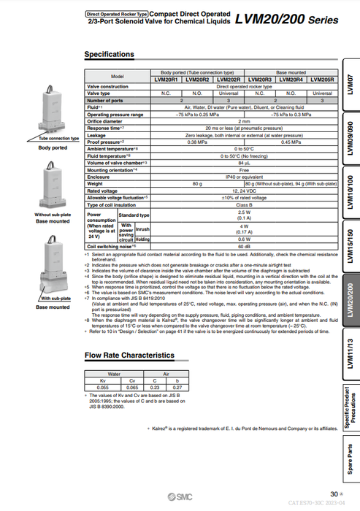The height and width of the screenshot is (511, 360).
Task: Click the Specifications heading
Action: [x=110, y=54]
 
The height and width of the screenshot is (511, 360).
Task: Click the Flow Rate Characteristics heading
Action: [x=129, y=355]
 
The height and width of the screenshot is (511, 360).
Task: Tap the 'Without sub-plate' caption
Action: [x=53, y=215]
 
